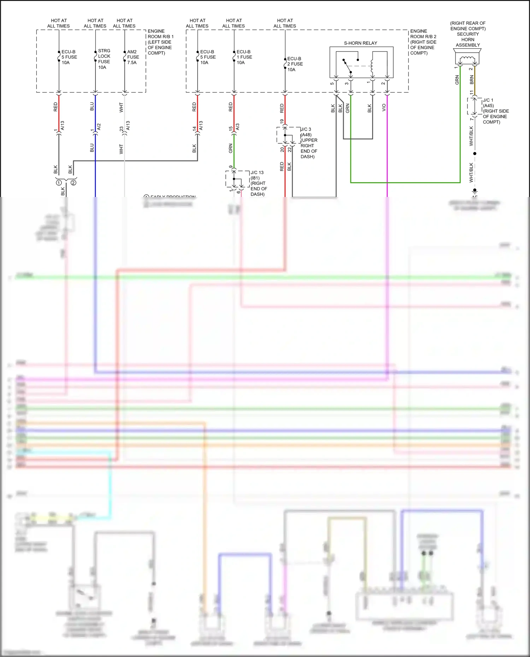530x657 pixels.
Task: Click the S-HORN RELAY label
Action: (360, 43)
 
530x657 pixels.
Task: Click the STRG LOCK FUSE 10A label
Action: (104, 59)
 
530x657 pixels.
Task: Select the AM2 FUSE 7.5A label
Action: (133, 57)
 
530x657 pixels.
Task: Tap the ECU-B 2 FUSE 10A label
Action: (295, 64)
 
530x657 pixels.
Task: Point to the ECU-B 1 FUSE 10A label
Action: (244, 57)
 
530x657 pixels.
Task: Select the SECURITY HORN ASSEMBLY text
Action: (467, 40)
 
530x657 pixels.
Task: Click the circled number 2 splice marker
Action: (73, 183)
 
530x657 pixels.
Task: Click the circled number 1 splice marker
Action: (59, 183)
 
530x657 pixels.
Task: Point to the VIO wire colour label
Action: (384, 108)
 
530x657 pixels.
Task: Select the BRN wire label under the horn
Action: (471, 80)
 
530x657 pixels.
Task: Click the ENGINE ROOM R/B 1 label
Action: (160, 42)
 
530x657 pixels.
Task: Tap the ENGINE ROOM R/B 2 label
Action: (423, 42)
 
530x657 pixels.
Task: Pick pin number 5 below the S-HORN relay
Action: (332, 84)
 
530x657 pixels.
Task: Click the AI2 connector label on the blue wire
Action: (99, 126)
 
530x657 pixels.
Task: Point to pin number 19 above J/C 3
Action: (282, 121)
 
